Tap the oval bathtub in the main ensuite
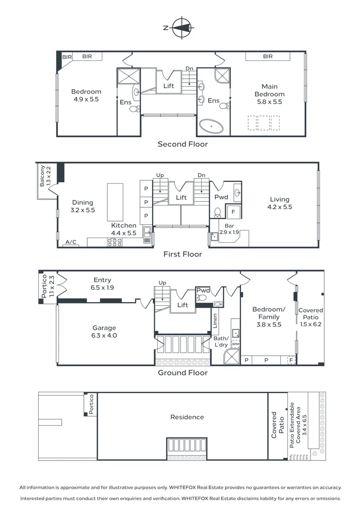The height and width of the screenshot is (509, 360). (x=211, y=126)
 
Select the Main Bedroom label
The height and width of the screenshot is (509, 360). (x=270, y=90)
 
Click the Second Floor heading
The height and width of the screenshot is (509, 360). (x=183, y=144)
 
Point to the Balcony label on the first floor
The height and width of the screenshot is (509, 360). (x=42, y=176)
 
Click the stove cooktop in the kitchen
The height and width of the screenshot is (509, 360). (x=115, y=242)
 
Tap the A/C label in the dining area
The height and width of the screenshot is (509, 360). (x=71, y=242)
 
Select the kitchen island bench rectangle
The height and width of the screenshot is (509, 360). (x=115, y=202)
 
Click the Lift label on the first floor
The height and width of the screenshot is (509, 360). (x=181, y=197)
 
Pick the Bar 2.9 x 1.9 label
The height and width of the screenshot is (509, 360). (x=229, y=229)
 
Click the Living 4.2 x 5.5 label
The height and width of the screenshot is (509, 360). (x=279, y=203)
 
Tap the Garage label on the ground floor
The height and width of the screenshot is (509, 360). (x=104, y=328)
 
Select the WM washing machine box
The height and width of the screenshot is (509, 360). (x=235, y=344)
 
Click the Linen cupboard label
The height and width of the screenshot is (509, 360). (x=215, y=320)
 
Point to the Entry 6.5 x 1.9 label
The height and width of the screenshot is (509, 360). (x=102, y=284)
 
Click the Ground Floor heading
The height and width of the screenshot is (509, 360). (x=183, y=373)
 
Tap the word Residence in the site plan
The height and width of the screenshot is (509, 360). (x=187, y=417)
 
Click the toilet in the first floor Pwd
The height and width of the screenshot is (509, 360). (x=218, y=213)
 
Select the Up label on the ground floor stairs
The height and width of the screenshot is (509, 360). (x=162, y=283)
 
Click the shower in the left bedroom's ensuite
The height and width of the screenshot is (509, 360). (x=129, y=76)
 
